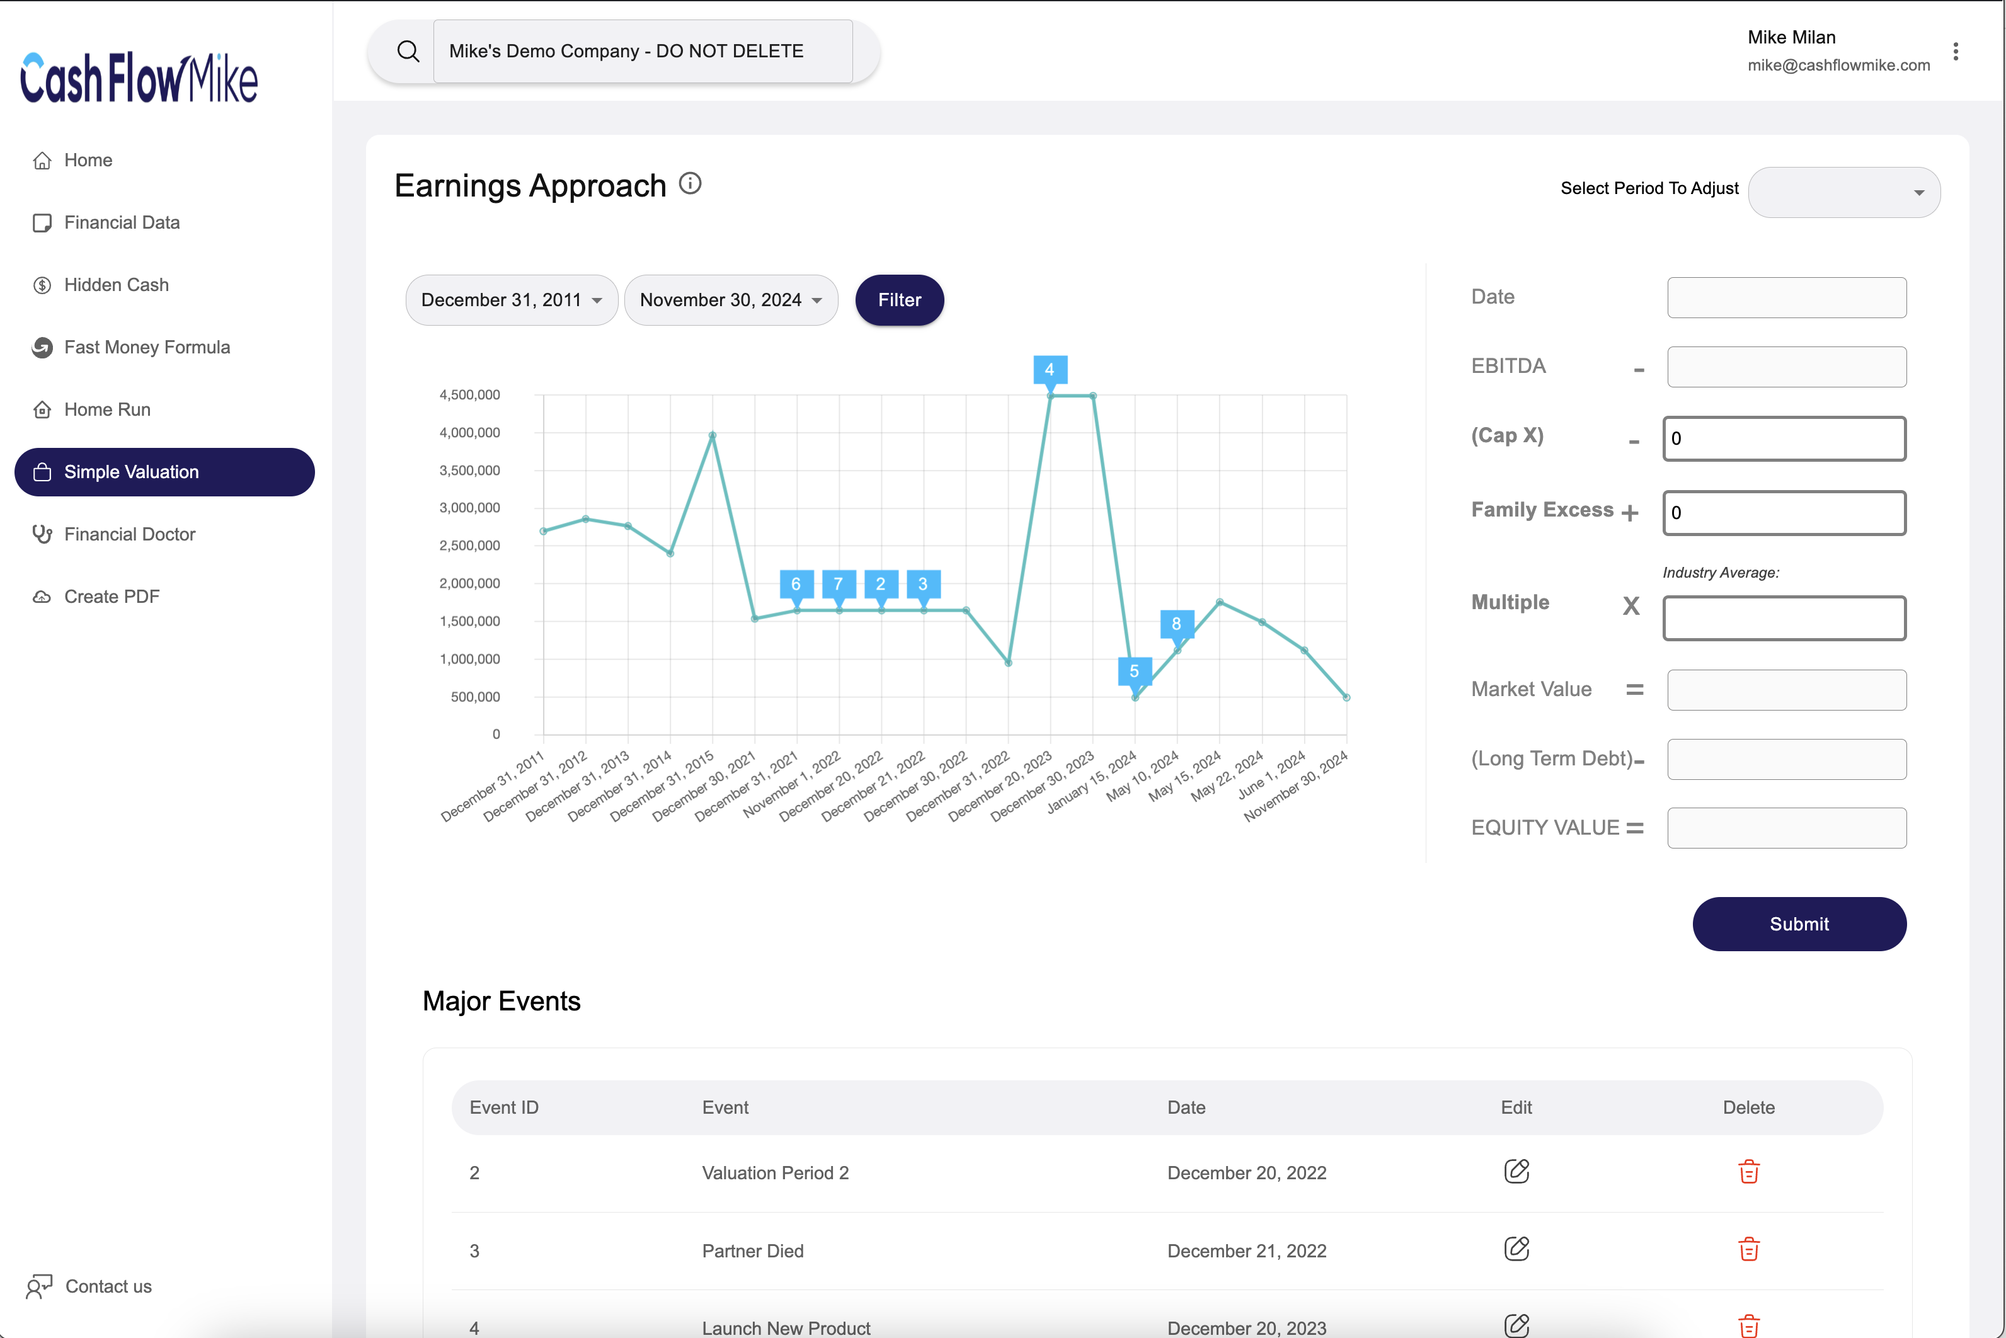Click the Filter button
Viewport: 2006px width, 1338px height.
pos(898,299)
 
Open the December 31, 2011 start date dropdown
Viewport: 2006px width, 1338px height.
pos(510,299)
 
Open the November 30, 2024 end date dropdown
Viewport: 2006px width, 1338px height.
pos(730,299)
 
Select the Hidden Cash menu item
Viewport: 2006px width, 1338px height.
pos(116,285)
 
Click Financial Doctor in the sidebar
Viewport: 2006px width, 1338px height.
pos(130,534)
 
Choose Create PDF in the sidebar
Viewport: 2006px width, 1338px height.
pos(112,597)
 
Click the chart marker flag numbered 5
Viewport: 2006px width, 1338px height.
pos(1133,672)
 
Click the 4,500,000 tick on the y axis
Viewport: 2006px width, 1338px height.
pos(469,394)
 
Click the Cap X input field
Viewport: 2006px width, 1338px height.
pos(1784,438)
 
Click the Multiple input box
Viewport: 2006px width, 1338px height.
pos(1784,618)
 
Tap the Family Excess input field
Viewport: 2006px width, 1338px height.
pos(1784,513)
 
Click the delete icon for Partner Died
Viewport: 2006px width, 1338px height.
pos(1748,1249)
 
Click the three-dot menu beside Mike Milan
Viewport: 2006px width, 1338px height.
pos(1955,51)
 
